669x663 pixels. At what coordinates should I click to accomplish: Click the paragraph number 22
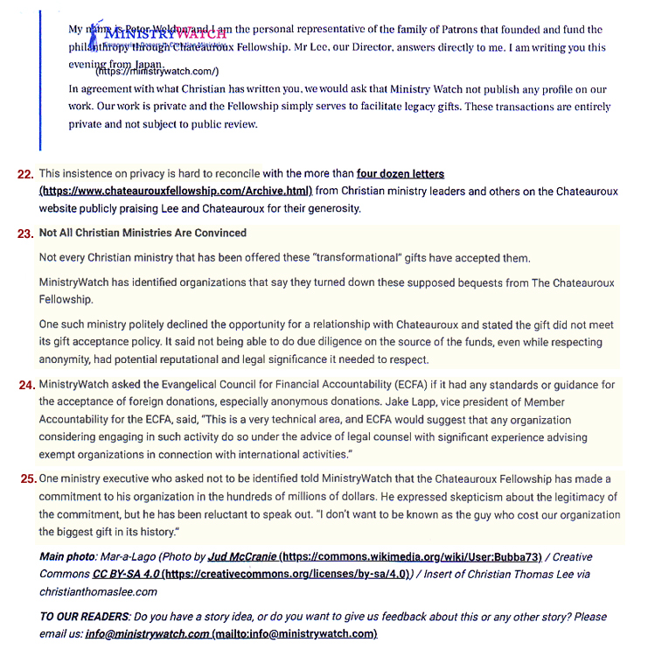click(25, 174)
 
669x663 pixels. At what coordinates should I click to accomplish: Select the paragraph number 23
click(25, 234)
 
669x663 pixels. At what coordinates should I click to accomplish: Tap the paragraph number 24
click(25, 385)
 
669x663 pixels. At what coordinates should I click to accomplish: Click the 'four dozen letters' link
click(401, 174)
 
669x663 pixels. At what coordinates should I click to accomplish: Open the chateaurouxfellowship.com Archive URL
click(176, 191)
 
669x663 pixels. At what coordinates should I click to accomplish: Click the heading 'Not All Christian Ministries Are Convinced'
click(143, 234)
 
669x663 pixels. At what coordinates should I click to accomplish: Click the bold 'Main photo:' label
click(71, 557)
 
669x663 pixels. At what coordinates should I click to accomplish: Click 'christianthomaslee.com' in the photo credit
click(99, 591)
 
